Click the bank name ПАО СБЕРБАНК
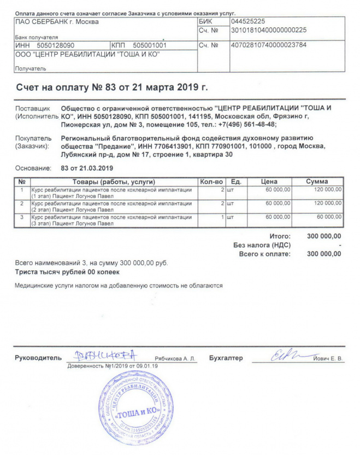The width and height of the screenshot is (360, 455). click(x=56, y=22)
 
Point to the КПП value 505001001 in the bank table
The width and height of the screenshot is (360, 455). click(x=150, y=45)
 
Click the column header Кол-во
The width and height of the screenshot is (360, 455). click(x=211, y=181)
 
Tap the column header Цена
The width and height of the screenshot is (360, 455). click(x=269, y=181)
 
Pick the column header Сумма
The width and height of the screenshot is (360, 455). click(x=317, y=181)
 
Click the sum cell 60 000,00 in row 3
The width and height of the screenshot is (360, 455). click(x=327, y=217)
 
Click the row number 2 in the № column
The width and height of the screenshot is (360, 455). click(x=22, y=203)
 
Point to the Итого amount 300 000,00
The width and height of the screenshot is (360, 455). click(x=324, y=236)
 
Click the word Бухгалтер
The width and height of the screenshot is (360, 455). click(x=226, y=358)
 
